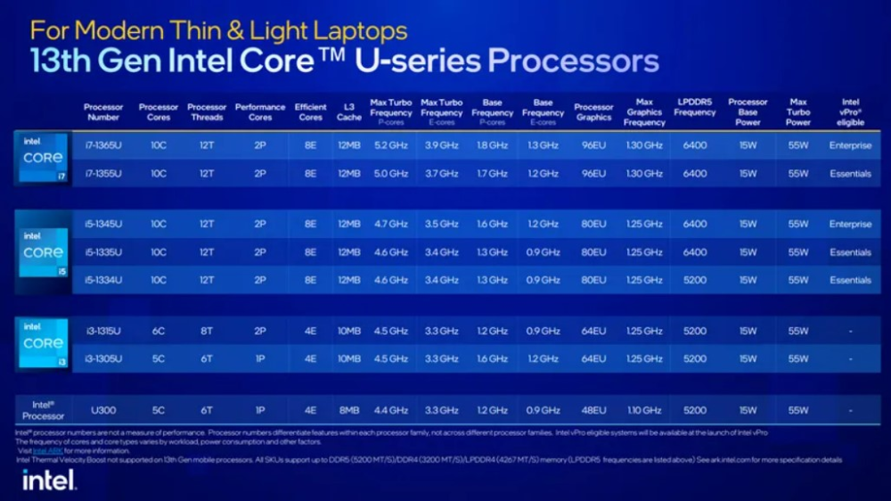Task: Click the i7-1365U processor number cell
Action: click(x=103, y=145)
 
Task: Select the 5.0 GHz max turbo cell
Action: click(x=390, y=174)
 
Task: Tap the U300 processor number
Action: click(x=103, y=410)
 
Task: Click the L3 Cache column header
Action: click(x=349, y=112)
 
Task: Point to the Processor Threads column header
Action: click(x=207, y=112)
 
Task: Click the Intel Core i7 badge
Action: click(x=43, y=159)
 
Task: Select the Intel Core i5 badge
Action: click(x=43, y=253)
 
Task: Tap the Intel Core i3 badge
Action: click(x=43, y=344)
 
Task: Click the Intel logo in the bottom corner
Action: click(x=48, y=480)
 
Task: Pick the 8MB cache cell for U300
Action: click(x=349, y=410)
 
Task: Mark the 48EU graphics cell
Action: click(x=593, y=410)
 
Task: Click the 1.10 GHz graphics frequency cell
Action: click(x=644, y=410)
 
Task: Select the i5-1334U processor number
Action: click(x=103, y=280)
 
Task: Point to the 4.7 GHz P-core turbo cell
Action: click(x=390, y=225)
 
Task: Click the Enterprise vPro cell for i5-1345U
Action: click(x=850, y=225)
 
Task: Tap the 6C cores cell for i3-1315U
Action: click(x=159, y=331)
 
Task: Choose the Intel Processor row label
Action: click(x=43, y=410)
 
